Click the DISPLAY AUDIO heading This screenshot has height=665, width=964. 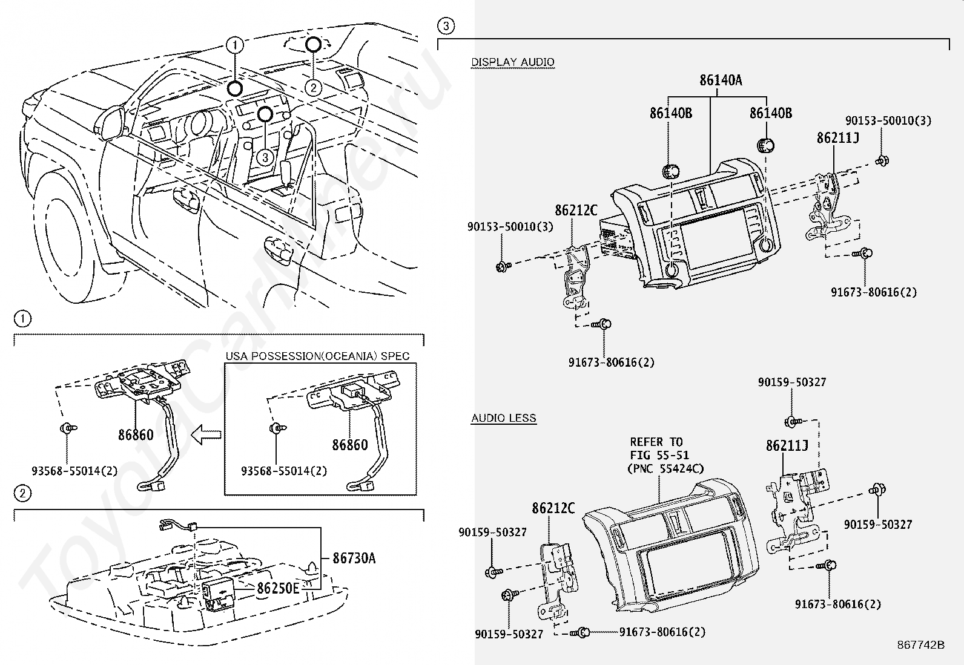[512, 62]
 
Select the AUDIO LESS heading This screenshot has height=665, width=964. [503, 418]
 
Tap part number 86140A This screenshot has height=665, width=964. [721, 80]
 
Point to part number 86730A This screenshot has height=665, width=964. [354, 558]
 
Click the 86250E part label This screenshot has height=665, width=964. [278, 588]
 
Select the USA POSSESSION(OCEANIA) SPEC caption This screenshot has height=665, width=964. [317, 356]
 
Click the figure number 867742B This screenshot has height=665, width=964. [920, 645]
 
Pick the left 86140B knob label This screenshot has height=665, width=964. [671, 113]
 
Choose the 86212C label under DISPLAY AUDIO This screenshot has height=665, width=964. [576, 211]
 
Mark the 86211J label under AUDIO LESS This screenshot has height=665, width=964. [787, 446]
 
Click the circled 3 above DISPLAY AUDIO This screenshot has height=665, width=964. [445, 25]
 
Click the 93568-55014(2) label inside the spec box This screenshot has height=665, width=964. [283, 470]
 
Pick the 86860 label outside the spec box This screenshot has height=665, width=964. [135, 434]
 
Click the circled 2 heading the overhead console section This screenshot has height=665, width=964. [22, 494]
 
